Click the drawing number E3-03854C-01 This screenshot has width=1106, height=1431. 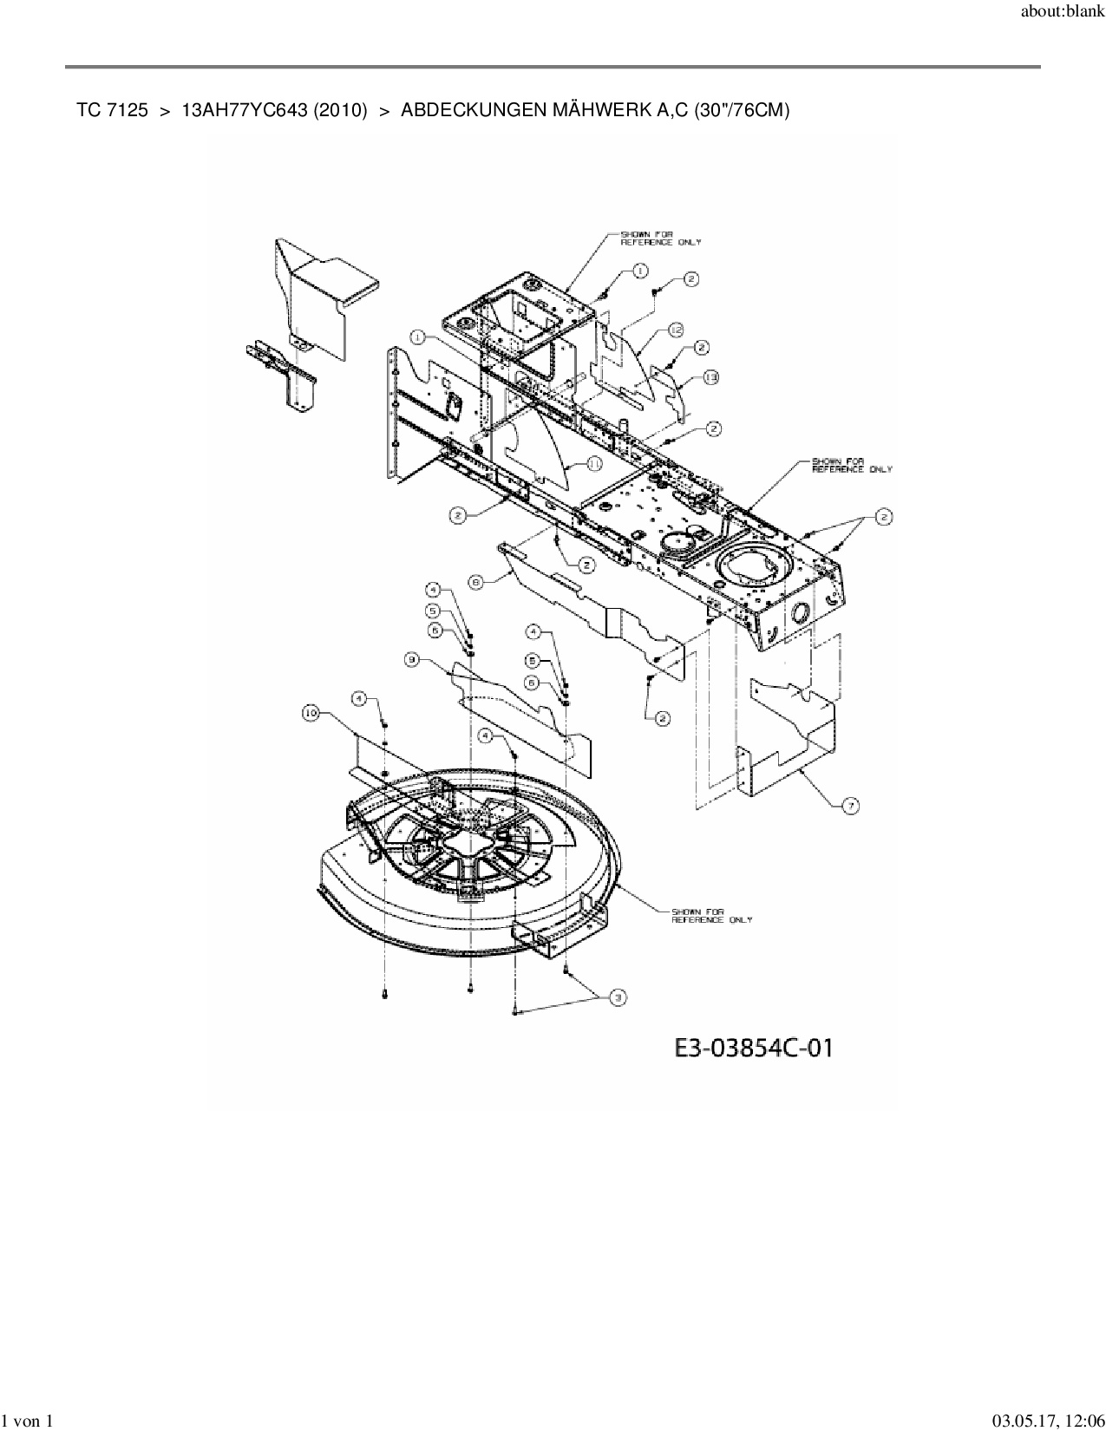click(753, 1048)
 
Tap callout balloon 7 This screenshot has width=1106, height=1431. click(851, 806)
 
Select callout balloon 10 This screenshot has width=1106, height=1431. click(311, 713)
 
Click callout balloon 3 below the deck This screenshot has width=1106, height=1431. click(618, 998)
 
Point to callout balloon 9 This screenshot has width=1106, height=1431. click(412, 660)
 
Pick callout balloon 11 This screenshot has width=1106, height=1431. click(593, 464)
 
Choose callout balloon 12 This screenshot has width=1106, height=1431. click(677, 330)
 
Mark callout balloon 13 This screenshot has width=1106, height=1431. click(711, 377)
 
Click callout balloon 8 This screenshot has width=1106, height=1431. click(475, 583)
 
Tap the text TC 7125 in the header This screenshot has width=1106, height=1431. click(112, 110)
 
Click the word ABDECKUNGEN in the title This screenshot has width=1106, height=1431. click(474, 110)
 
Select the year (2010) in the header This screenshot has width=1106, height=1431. click(341, 110)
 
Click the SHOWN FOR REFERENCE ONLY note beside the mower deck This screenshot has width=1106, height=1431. click(711, 915)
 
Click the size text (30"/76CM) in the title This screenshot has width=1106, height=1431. click(741, 110)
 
